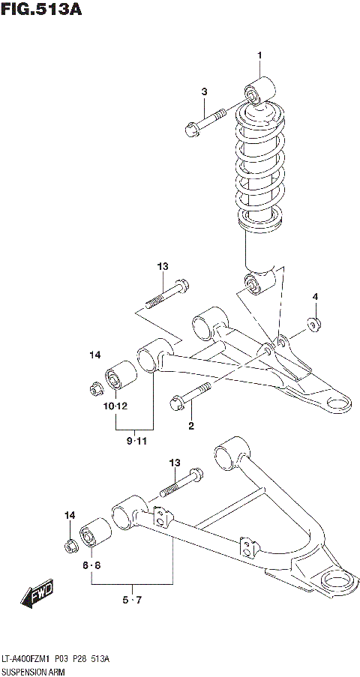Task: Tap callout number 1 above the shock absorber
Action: point(260,55)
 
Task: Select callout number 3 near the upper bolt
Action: point(203,91)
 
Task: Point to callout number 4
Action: point(315,298)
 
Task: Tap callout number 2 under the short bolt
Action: point(191,426)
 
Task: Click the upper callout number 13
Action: point(163,267)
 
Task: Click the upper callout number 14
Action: point(94,355)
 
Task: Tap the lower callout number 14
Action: point(70,515)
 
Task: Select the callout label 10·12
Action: point(115,406)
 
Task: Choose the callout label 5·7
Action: point(132,600)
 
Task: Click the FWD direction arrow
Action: point(37,595)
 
